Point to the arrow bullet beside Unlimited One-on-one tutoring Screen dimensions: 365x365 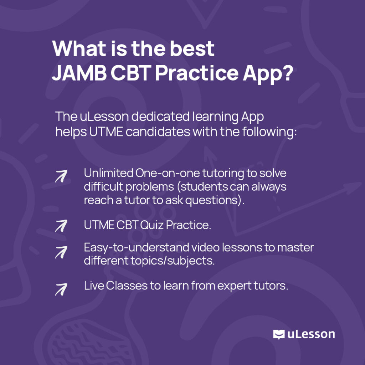pyautogui.click(x=61, y=176)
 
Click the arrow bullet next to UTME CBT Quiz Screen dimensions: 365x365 pyautogui.click(x=61, y=226)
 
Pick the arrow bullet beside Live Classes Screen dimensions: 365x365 pyautogui.click(x=61, y=289)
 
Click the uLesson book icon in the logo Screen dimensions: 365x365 pyautogui.click(x=279, y=334)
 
